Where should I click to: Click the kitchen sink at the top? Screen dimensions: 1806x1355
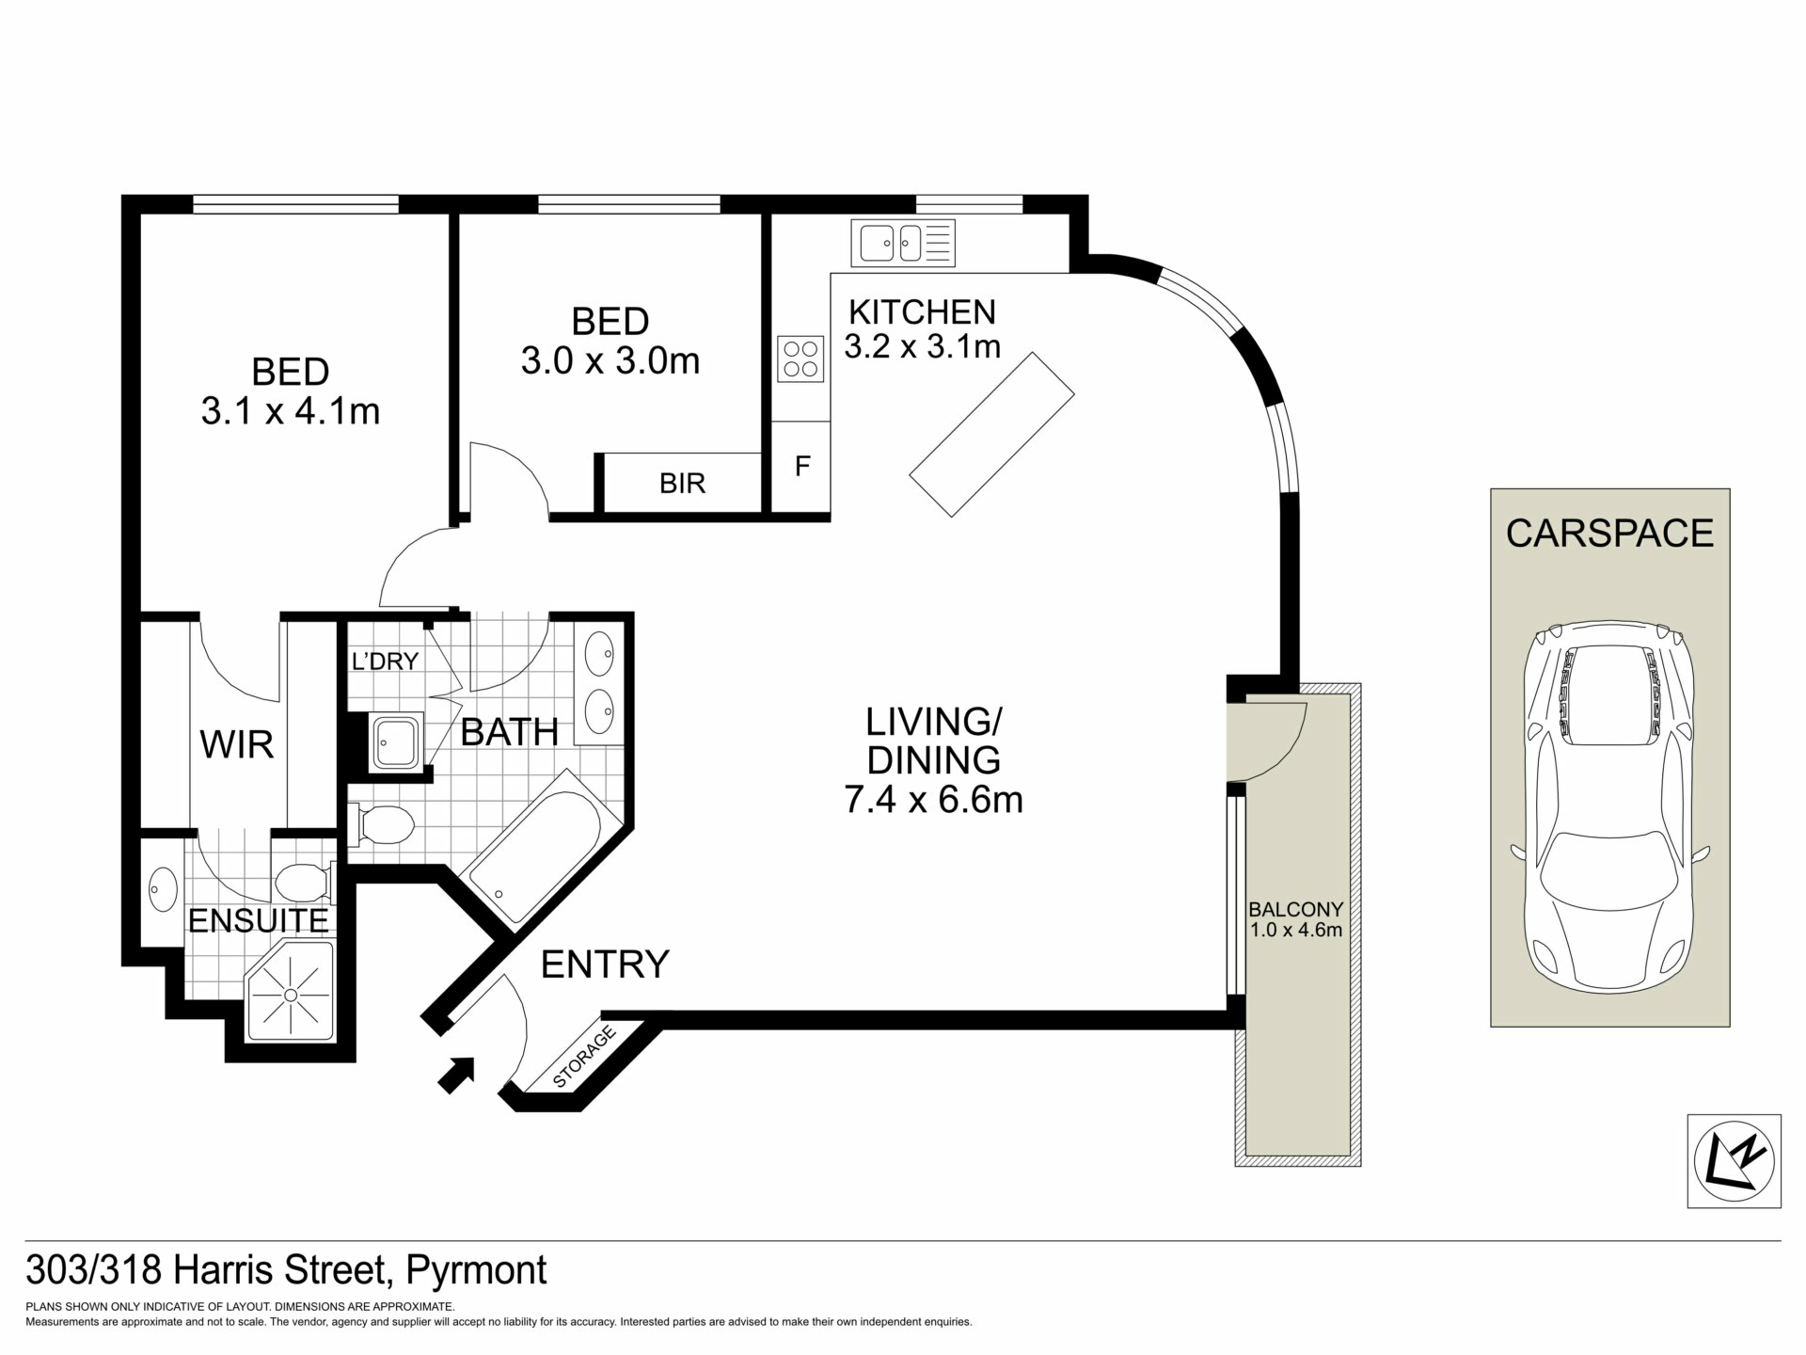[x=903, y=243]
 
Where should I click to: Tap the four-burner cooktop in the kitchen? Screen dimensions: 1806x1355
[x=800, y=359]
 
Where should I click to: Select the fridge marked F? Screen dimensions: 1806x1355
[x=801, y=467]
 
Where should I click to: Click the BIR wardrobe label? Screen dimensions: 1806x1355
[x=682, y=484]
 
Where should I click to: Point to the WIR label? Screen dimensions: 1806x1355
[x=237, y=744]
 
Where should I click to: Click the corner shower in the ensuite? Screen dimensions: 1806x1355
[x=291, y=993]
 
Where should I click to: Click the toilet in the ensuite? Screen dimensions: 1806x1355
[x=305, y=883]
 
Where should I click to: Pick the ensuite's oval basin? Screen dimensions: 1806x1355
[x=163, y=888]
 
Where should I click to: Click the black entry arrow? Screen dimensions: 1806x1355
[x=456, y=1075]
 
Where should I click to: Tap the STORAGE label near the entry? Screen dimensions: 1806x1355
[x=584, y=1058]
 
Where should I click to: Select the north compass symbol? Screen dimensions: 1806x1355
[x=1734, y=1161]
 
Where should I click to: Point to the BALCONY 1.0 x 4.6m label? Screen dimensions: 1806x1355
[x=1295, y=919]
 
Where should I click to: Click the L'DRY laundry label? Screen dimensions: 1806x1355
[x=384, y=662]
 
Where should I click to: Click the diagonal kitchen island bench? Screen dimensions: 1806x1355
[x=992, y=434]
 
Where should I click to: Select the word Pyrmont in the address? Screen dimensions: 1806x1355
[x=476, y=1271]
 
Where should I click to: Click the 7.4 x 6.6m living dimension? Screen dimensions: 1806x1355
[x=933, y=800]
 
